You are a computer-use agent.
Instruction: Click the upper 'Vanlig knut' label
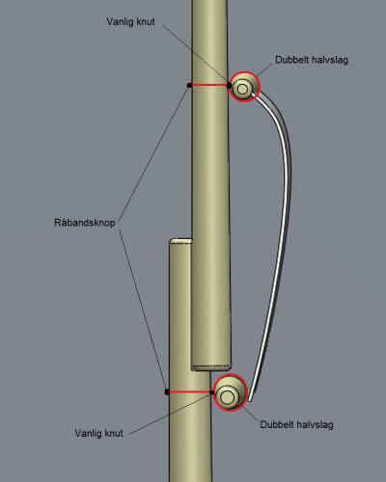130,22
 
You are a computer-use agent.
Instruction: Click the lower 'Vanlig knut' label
98,433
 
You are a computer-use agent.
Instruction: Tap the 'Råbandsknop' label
85,223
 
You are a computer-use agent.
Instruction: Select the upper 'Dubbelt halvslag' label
312,60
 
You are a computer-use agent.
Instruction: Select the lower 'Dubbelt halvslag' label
296,424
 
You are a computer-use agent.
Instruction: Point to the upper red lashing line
209,85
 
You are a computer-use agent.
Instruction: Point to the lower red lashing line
190,391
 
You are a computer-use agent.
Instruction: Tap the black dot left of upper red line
189,85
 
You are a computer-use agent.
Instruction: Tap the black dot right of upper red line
229,85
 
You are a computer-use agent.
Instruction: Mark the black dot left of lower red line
167,392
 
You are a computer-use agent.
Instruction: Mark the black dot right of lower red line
211,392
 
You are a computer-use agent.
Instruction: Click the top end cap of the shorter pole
180,241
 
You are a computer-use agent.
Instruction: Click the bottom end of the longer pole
211,367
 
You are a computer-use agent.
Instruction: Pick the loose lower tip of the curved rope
250,400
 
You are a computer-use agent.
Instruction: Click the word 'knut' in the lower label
113,433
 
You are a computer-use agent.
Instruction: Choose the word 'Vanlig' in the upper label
118,22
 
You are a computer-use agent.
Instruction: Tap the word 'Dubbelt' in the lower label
276,424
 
